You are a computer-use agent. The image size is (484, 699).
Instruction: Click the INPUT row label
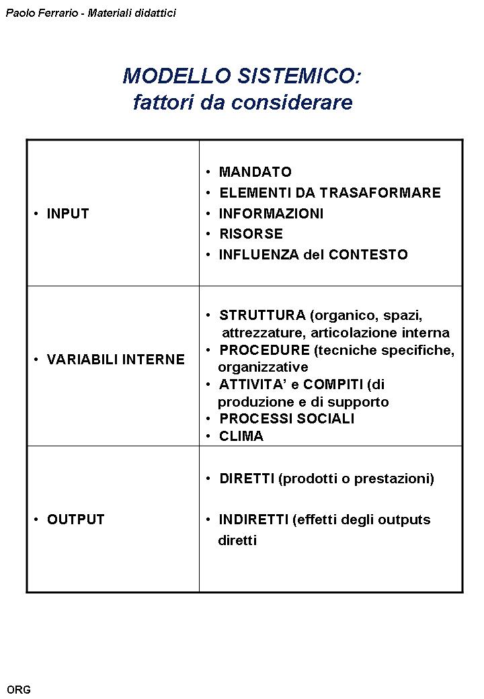tap(67, 214)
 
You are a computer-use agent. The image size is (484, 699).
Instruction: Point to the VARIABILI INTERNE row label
tap(115, 360)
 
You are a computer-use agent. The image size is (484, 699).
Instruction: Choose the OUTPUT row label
tap(75, 520)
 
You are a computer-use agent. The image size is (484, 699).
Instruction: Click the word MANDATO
tap(255, 172)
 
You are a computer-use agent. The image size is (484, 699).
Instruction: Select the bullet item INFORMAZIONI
tap(271, 214)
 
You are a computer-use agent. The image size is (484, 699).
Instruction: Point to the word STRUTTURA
tap(262, 315)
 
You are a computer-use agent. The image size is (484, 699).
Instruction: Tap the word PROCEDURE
tap(264, 350)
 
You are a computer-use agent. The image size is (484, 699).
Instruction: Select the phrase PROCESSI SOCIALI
tap(286, 419)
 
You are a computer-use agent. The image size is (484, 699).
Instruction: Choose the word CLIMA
tap(241, 436)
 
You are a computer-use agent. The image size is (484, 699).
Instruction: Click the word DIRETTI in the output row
tap(246, 479)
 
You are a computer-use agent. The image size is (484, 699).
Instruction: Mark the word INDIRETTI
tap(254, 520)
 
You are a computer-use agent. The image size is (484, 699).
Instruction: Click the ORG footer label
tap(19, 690)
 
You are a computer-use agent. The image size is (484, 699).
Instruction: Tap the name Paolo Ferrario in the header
tap(39, 13)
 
